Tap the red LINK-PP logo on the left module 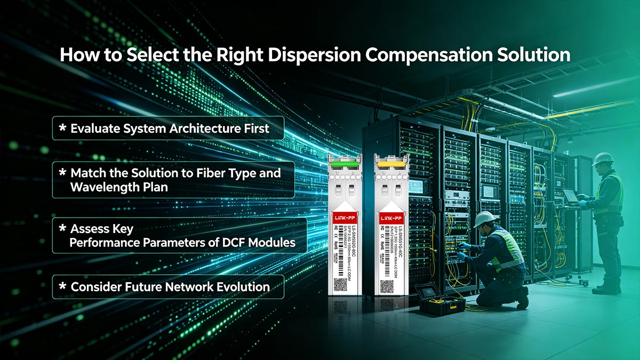(344, 217)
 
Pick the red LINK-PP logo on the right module (391, 217)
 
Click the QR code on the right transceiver (387, 286)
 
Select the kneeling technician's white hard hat (484, 218)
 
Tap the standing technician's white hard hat (603, 159)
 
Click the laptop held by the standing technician (570, 196)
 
